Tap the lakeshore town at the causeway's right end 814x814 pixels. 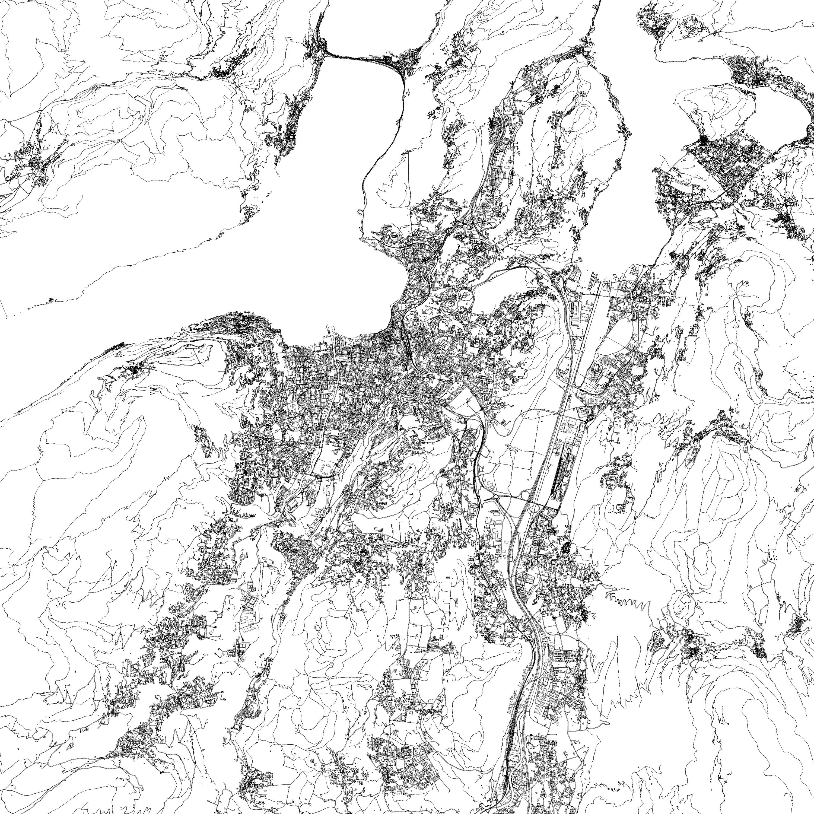tap(406, 63)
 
